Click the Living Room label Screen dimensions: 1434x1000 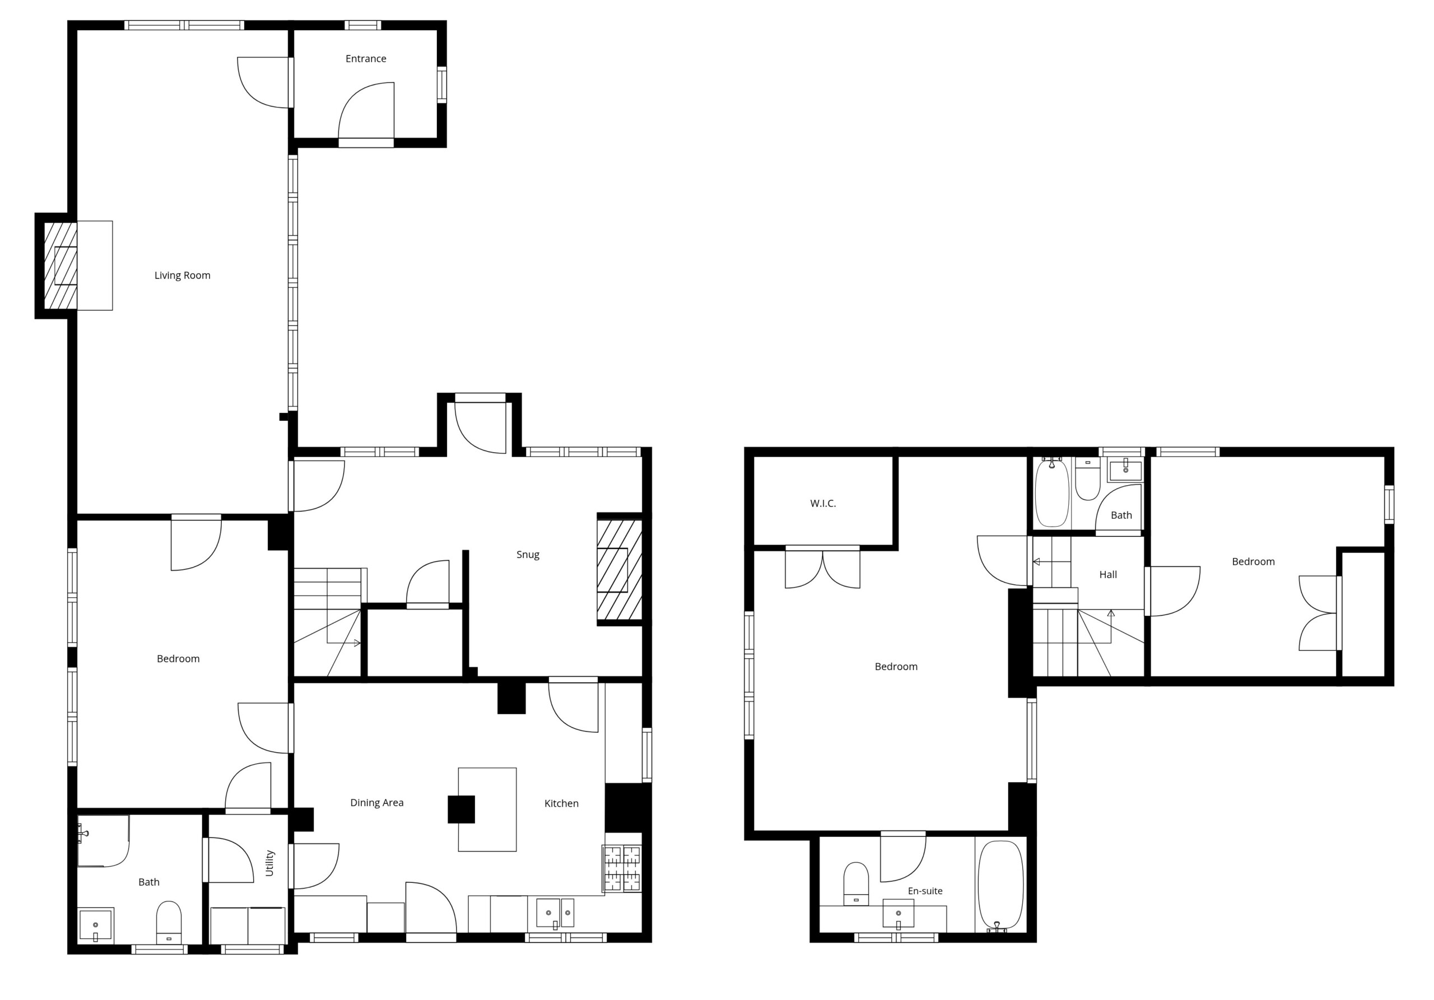pos(183,276)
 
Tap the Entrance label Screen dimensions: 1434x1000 pos(366,59)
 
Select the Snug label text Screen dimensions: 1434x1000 pos(528,555)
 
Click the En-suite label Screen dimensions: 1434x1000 pos(925,891)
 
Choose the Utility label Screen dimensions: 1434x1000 pos(270,863)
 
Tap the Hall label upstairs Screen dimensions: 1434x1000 pos(1108,575)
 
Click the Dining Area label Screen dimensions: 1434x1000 pos(376,803)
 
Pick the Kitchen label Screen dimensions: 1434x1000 pos(561,803)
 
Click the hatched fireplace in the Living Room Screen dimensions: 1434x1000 pos(60,266)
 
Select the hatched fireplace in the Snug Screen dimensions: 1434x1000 pos(620,570)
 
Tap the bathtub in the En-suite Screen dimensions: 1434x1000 pos(1000,885)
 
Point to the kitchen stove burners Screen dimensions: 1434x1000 pos(622,868)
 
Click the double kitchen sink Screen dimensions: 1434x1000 pos(555,913)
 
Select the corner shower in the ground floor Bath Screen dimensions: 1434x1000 pos(104,841)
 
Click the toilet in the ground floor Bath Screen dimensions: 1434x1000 pos(169,922)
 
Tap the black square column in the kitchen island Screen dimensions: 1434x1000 pos(461,810)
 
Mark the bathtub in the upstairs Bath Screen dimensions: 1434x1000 pos(1052,494)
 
